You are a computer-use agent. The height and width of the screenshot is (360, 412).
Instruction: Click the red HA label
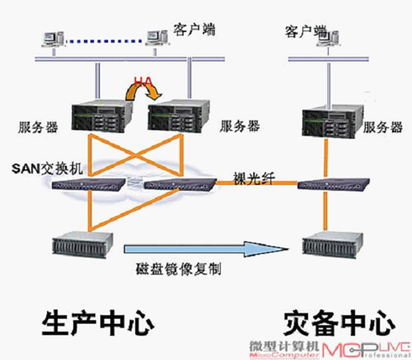coord(143,82)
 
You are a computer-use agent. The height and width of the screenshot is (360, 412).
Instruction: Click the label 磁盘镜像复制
coord(179,269)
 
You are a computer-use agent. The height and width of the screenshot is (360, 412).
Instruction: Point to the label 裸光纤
coord(254,178)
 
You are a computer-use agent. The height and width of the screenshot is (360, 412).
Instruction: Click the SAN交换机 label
coord(47,168)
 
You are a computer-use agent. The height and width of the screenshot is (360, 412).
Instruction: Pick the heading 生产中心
coord(98,322)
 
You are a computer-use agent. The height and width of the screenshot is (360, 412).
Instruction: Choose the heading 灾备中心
coord(339,323)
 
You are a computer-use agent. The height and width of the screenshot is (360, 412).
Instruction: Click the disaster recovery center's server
coord(333,121)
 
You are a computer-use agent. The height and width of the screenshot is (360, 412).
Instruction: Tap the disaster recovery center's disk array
coord(332,244)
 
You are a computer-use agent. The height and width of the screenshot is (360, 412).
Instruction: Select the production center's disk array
coord(83,244)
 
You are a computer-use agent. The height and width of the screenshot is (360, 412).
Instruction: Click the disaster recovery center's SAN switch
coord(333,184)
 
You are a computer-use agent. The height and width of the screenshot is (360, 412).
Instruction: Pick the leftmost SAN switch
coord(88,184)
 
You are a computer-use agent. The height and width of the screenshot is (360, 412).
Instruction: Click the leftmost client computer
coord(53,40)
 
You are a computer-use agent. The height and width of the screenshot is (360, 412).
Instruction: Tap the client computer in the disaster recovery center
coord(328,38)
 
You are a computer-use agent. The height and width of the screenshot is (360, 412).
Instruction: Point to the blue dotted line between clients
coord(104,41)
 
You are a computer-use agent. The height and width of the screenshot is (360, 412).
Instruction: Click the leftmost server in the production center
coord(102,115)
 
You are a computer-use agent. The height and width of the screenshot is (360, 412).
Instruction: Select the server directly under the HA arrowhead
coord(179,115)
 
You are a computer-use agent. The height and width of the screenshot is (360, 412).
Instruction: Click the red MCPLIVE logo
coord(366,350)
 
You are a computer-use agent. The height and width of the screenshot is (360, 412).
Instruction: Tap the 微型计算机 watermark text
coord(284,346)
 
